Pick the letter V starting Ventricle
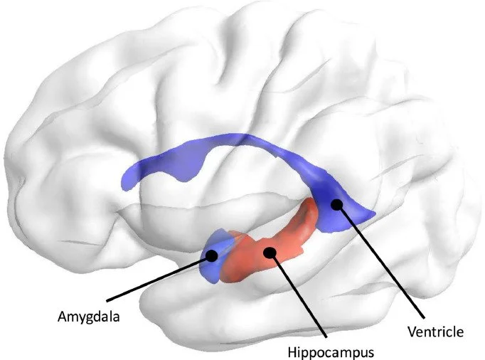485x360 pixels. (410, 331)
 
